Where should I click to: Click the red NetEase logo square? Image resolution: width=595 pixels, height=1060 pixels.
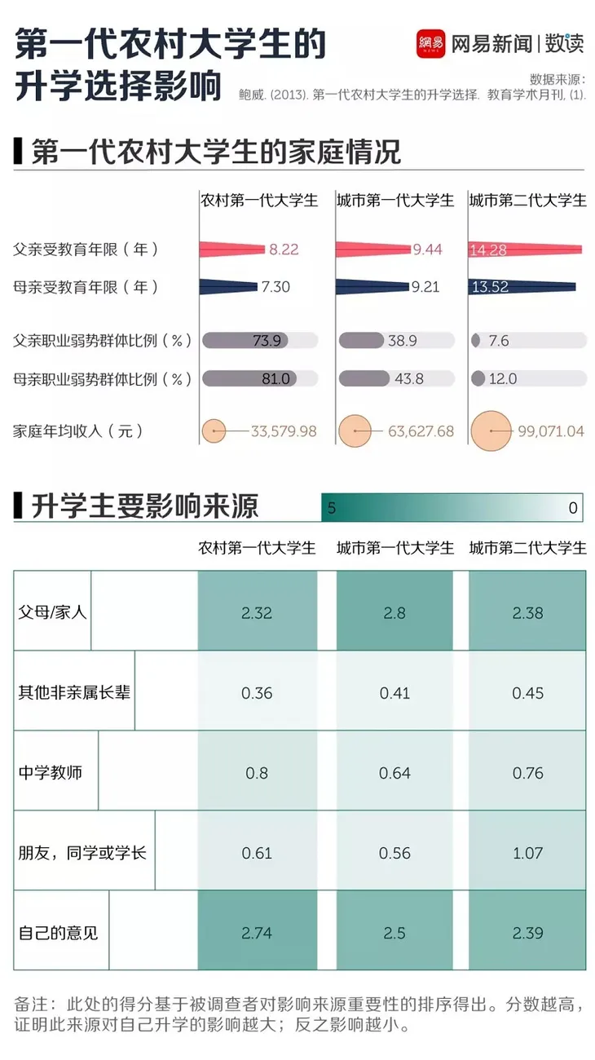click(430, 42)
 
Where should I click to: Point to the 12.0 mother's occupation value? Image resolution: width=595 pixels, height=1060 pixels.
click(503, 379)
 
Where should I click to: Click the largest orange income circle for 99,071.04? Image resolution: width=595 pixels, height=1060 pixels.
click(491, 431)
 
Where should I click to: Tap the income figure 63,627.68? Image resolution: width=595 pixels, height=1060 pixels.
click(421, 431)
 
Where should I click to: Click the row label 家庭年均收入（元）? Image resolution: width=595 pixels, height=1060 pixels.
click(79, 431)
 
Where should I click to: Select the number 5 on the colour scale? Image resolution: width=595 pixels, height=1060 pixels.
click(331, 508)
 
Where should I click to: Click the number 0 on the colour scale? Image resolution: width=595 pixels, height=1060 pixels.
click(573, 508)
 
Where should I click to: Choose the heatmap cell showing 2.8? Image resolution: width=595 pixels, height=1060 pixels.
click(394, 612)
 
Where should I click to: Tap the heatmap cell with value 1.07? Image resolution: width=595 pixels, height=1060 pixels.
click(527, 853)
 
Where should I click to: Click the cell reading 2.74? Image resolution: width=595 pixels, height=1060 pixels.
click(257, 932)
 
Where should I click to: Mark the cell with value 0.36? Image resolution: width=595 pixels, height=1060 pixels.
click(257, 692)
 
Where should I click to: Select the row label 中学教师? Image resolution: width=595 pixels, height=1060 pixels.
click(51, 772)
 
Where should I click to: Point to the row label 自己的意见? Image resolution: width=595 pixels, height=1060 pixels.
click(59, 932)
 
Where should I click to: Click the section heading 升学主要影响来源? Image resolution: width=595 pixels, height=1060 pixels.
click(145, 507)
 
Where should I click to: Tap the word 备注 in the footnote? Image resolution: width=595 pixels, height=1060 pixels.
click(31, 1004)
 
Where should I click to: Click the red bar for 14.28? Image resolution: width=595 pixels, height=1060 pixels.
click(526, 250)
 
